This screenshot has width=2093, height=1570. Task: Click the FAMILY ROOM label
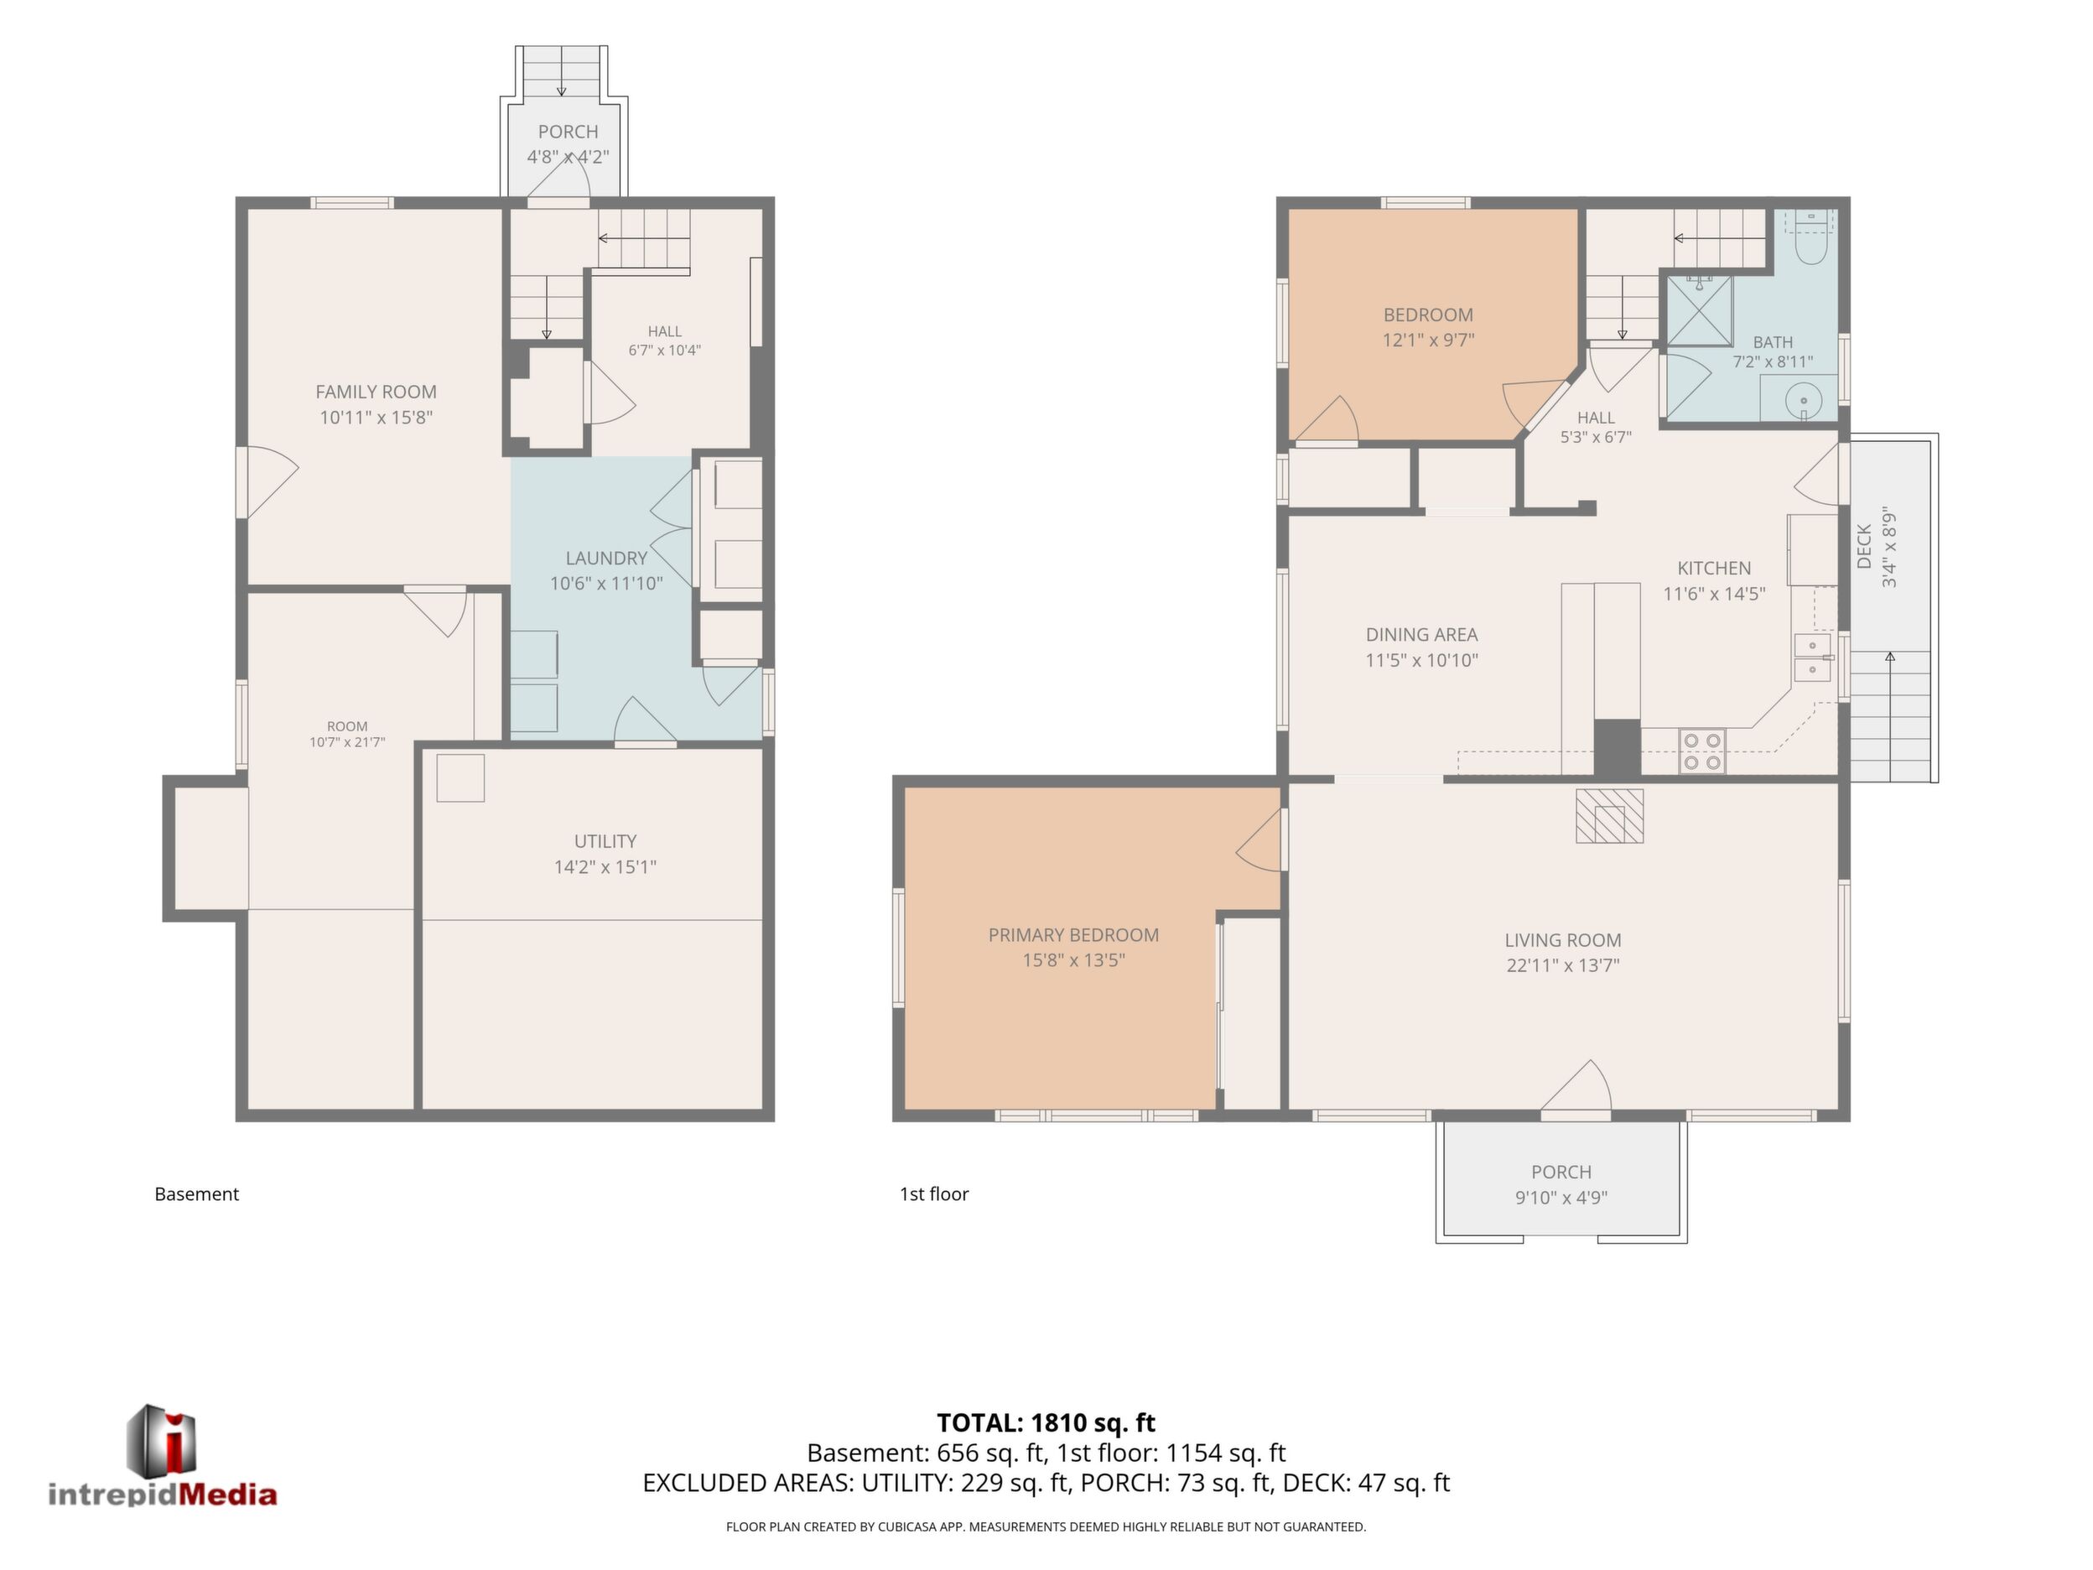coord(376,392)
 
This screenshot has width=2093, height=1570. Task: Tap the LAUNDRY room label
coord(606,559)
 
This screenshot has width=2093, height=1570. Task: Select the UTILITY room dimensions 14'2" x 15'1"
coord(605,867)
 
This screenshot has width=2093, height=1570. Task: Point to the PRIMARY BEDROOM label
coord(1073,935)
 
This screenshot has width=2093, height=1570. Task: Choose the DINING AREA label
coord(1421,635)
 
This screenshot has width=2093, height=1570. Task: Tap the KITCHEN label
coord(1714,568)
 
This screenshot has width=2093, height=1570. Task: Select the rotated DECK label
coord(1864,546)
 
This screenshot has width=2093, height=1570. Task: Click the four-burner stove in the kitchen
coord(1701,751)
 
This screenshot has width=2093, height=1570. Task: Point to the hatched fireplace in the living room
coord(1608,816)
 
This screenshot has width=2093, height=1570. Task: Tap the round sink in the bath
coord(1804,400)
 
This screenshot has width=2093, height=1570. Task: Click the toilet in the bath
coord(1808,242)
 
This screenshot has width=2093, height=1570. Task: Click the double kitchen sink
coord(1813,658)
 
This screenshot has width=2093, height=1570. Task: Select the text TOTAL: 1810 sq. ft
coord(1046,1422)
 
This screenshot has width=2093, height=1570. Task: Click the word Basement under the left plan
coord(197,1194)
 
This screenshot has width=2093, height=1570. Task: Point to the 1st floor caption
coord(934,1194)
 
